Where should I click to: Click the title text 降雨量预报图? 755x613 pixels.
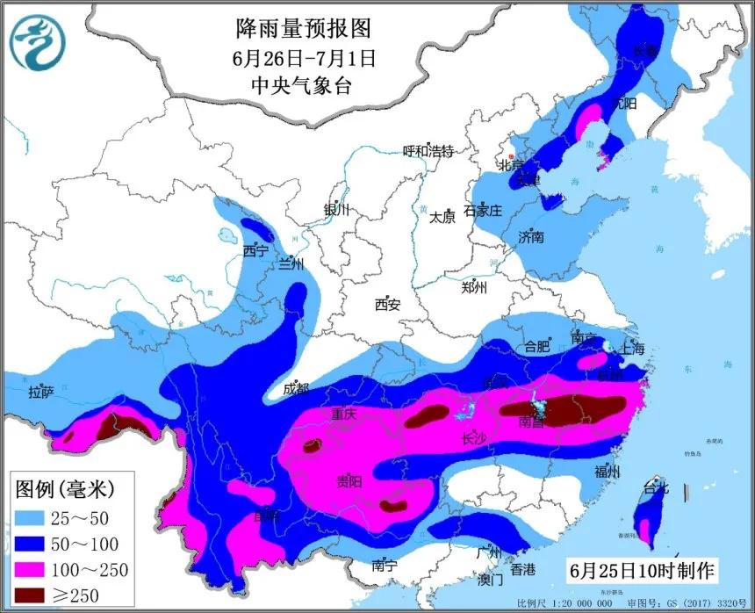tap(304, 29)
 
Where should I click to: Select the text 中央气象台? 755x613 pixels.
tap(304, 85)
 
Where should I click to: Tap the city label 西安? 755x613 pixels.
tap(387, 305)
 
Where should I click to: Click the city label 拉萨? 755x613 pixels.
tap(41, 392)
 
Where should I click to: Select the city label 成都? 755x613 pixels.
tap(297, 388)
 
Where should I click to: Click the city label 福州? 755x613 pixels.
tap(607, 472)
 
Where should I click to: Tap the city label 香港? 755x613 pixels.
tap(522, 569)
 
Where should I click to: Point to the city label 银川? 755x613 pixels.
tap(336, 210)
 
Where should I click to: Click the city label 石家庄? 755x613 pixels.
tap(482, 211)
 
